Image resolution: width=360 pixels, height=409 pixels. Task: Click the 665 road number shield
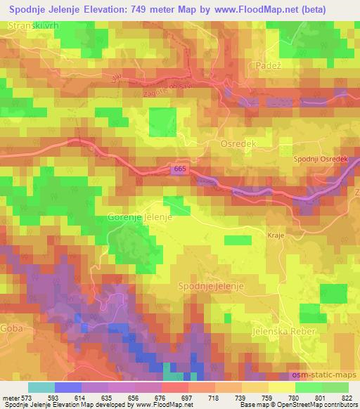(x=179, y=170)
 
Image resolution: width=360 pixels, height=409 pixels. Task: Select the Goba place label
(x=11, y=327)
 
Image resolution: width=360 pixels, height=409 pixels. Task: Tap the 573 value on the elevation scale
(x=25, y=397)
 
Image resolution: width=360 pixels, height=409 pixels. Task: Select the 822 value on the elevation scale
(x=347, y=397)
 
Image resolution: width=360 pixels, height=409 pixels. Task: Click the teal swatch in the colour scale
(x=41, y=387)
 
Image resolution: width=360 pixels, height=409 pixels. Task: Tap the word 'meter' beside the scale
(x=10, y=397)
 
